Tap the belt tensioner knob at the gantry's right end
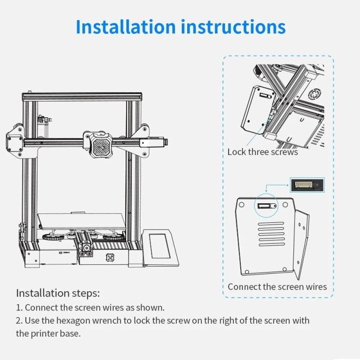tap(167, 143)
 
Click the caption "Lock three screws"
tap(262, 152)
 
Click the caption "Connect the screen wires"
tap(277, 287)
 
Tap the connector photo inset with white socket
tap(306, 185)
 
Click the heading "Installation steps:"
tap(58, 293)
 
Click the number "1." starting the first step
tap(19, 308)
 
